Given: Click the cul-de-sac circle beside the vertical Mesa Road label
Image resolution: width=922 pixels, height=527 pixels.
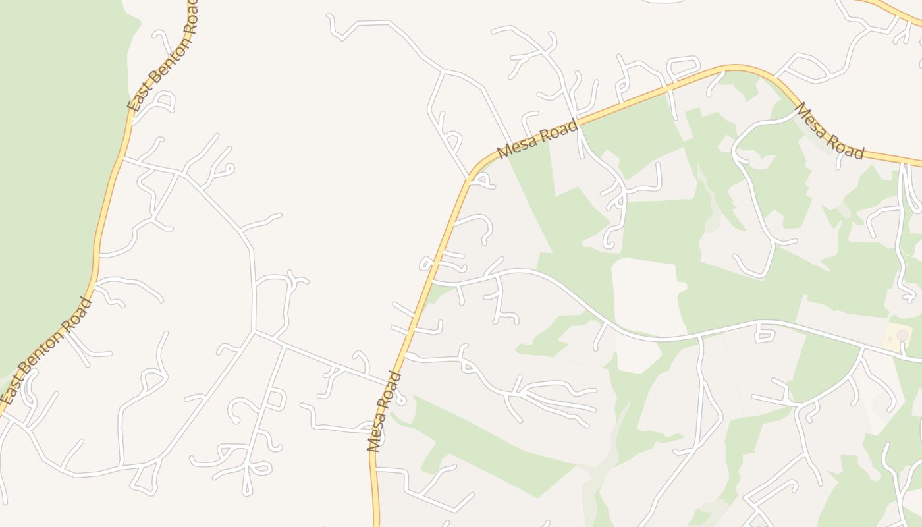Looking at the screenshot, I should tap(401, 400).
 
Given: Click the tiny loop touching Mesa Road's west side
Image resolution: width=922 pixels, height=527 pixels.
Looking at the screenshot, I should tap(426, 265).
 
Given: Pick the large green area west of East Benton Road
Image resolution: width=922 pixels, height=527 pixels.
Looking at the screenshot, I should tap(53, 165).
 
